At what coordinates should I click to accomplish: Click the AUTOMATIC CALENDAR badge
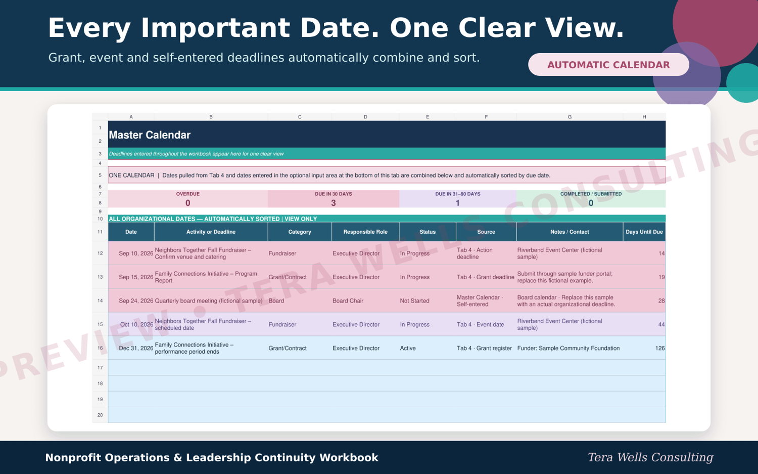pos(608,65)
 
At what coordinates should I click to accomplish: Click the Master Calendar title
pos(150,135)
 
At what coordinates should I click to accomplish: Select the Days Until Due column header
pos(644,232)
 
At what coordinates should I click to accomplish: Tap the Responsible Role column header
pos(365,232)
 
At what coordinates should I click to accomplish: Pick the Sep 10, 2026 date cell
pos(136,253)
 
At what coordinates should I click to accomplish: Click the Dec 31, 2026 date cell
pos(136,349)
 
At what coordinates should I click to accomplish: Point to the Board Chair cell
pos(348,301)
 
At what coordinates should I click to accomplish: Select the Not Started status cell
pos(414,301)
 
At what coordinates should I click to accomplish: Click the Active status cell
pos(408,349)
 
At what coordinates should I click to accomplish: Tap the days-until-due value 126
pos(660,349)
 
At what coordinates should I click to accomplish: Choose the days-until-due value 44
pos(661,325)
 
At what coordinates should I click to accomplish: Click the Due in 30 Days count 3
pos(334,203)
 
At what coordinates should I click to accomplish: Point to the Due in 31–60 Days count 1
pos(457,203)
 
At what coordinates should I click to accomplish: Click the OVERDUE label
pos(188,194)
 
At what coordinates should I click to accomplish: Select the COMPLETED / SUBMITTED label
pos(591,194)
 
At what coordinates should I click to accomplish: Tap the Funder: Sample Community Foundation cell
pos(568,349)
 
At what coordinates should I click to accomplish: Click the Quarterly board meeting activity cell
pos(208,301)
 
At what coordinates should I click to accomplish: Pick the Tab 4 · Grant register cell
pos(484,349)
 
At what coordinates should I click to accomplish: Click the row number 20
pos(100,415)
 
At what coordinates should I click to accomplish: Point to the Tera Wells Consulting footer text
pos(650,457)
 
